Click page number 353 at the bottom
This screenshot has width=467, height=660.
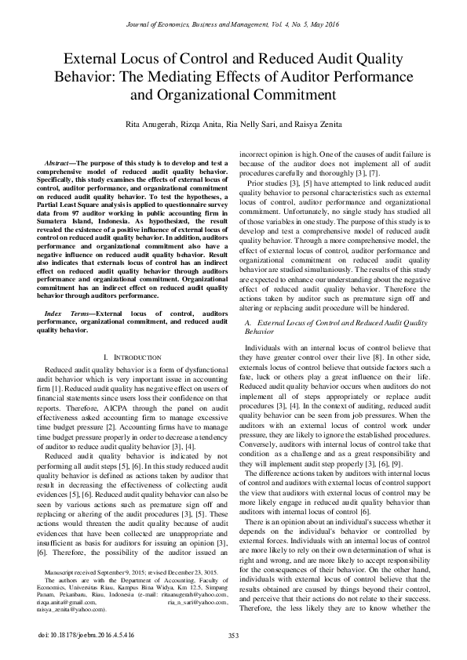click(x=233, y=635)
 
